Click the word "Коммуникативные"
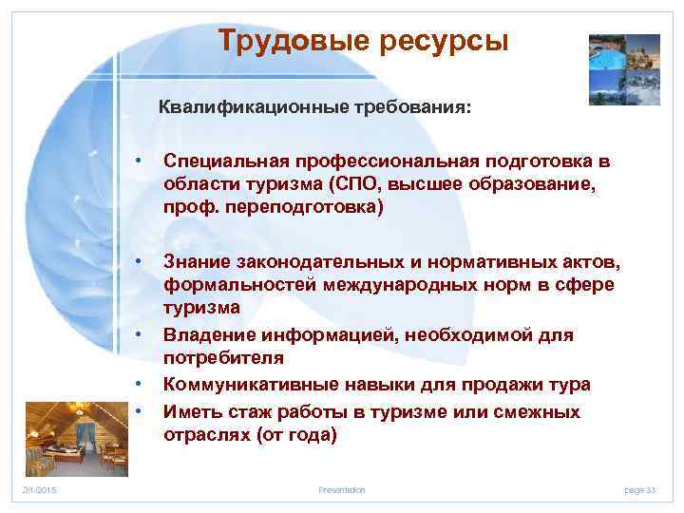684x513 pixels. [242, 385]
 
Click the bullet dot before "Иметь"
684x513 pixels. [139, 411]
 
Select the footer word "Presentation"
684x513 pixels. [341, 490]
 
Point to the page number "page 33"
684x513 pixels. [640, 490]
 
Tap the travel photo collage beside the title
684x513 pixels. [624, 68]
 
